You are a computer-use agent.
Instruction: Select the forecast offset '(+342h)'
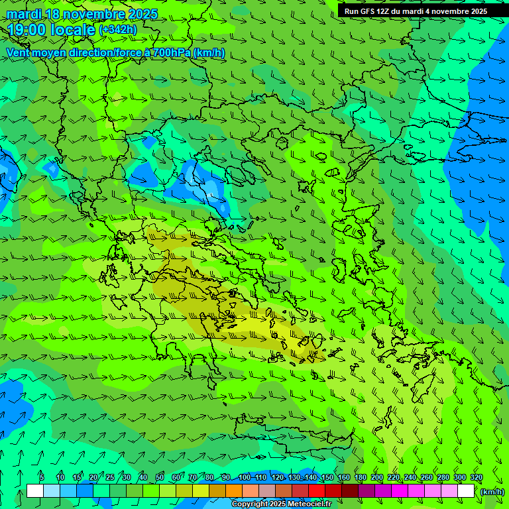point(118,30)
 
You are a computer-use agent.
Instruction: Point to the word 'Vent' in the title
point(19,52)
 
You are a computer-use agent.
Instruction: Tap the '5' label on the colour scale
point(42,478)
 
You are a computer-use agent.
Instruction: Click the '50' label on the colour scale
point(160,478)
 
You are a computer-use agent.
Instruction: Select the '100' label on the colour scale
point(245,478)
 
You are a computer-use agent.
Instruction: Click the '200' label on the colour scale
point(377,478)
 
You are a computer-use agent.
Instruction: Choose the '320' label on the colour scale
point(477,478)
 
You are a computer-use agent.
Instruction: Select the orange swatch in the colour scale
point(234,491)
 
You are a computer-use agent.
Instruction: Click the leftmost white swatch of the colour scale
point(35,491)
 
